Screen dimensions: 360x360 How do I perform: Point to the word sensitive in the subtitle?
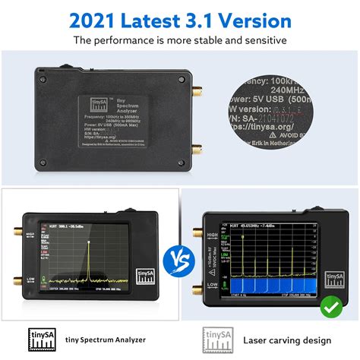coord(264,39)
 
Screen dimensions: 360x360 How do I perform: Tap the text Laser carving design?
coord(283,339)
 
